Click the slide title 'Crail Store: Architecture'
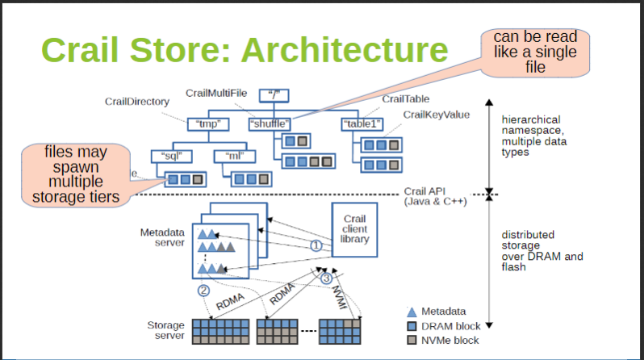(x=244, y=50)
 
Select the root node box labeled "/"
(x=275, y=95)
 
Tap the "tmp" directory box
(x=208, y=124)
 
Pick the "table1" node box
(x=362, y=124)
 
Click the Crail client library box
(x=355, y=230)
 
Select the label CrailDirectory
(x=136, y=102)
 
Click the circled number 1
(x=316, y=245)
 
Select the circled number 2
(x=203, y=290)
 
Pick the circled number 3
(x=326, y=279)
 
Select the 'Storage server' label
(x=165, y=330)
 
